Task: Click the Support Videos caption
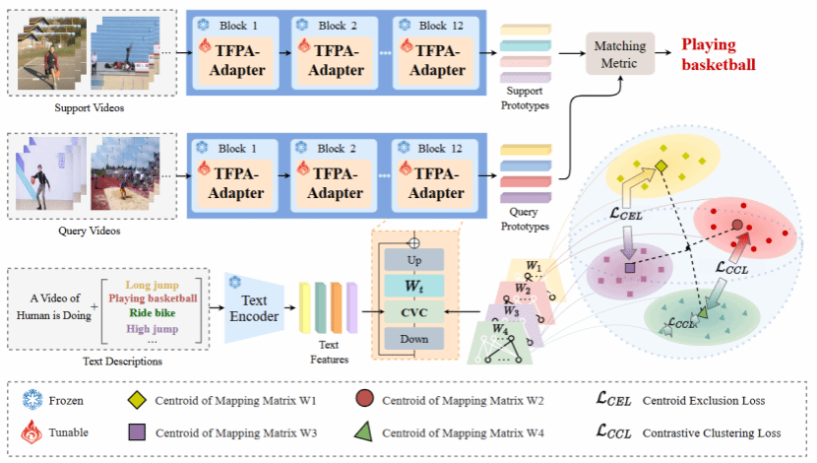click(85, 106)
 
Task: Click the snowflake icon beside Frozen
click(32, 400)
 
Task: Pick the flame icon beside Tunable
click(32, 431)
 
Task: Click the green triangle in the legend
click(360, 431)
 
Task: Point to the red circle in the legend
click(360, 400)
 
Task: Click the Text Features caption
click(329, 353)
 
